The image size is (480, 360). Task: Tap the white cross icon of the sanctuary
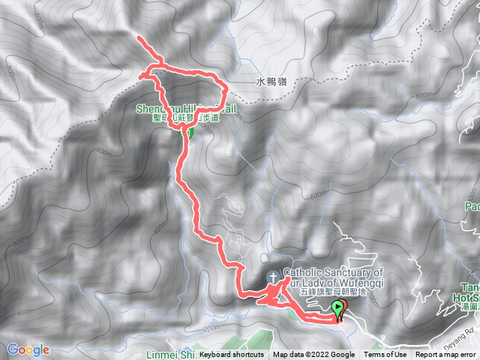(x=274, y=277)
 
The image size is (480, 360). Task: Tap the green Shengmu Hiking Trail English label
(x=187, y=109)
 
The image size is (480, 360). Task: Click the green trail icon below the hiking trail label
(x=190, y=133)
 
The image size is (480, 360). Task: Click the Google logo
(x=28, y=349)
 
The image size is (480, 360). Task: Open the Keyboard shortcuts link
(x=231, y=355)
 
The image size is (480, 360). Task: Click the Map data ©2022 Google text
(x=313, y=355)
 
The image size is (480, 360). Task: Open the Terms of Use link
(x=385, y=355)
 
